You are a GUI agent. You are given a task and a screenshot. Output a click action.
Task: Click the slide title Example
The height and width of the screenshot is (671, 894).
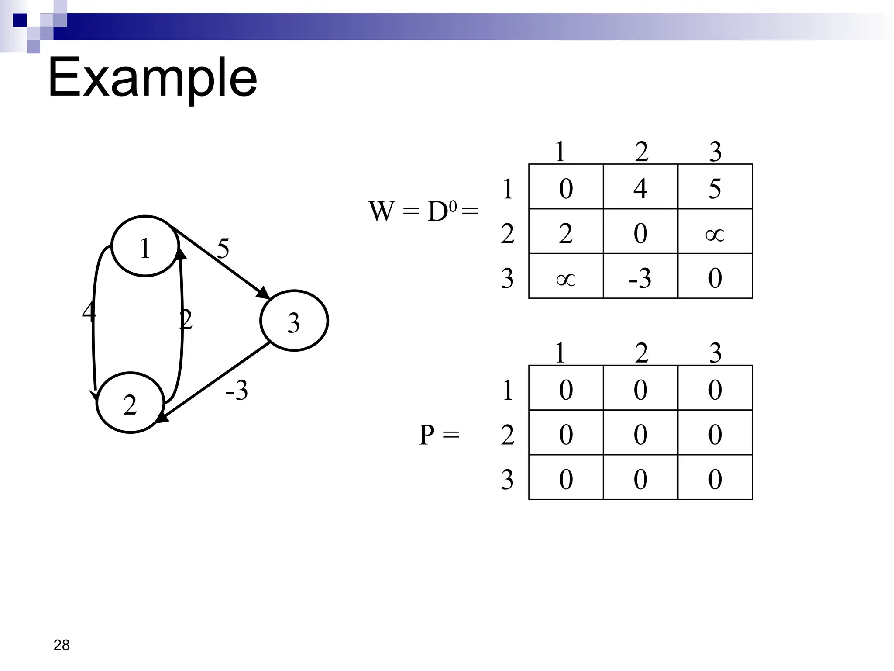pyautogui.click(x=152, y=79)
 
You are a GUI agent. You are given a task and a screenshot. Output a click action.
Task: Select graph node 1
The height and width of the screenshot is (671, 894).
pyautogui.click(x=145, y=246)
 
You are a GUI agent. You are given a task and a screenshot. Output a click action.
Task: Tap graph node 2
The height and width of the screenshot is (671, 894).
pyautogui.click(x=130, y=403)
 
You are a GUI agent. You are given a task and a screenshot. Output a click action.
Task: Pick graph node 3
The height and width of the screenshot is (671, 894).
pyautogui.click(x=294, y=321)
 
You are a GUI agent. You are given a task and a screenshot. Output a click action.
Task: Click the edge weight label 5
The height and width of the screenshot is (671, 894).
pyautogui.click(x=223, y=249)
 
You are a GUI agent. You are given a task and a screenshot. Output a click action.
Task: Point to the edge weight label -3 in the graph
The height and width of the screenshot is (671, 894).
pyautogui.click(x=237, y=390)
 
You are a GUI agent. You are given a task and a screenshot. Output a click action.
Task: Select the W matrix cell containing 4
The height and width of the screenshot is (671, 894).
pyautogui.click(x=640, y=187)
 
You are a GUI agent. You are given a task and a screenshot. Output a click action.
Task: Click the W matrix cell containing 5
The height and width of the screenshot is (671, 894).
pyautogui.click(x=715, y=187)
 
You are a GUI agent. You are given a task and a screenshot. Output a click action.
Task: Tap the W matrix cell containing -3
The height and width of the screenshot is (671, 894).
pyautogui.click(x=640, y=277)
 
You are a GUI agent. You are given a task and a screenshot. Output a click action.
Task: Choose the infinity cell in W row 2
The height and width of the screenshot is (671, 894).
pyautogui.click(x=715, y=232)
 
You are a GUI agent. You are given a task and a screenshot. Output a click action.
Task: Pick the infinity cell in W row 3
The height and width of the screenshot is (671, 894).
pyautogui.click(x=566, y=277)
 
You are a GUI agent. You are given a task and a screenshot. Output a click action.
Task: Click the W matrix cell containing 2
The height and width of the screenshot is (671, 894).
pyautogui.click(x=566, y=232)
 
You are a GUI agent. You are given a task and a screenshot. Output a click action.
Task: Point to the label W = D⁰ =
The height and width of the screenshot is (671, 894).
pyautogui.click(x=423, y=211)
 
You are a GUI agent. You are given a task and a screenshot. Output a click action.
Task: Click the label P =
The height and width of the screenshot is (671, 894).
pyautogui.click(x=439, y=435)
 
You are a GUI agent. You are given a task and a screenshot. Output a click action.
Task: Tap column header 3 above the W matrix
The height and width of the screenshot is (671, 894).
pyautogui.click(x=715, y=152)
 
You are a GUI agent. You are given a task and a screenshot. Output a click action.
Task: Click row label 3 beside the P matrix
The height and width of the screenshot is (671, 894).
pyautogui.click(x=507, y=479)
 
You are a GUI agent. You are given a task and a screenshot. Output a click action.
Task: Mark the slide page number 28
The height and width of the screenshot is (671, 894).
pyautogui.click(x=62, y=645)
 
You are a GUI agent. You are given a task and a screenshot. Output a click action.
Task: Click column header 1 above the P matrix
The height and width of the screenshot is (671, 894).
pyautogui.click(x=560, y=353)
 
